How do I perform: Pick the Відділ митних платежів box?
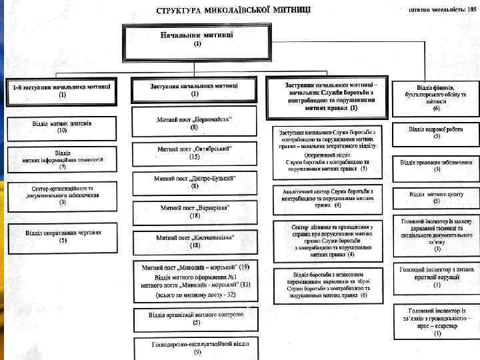62,127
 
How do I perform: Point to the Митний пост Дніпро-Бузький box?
195,182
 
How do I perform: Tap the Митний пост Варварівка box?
195,211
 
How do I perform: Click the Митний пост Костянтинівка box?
195,241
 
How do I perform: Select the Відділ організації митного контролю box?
195,318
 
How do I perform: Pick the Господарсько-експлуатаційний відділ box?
195,347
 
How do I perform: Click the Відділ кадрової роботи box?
436,132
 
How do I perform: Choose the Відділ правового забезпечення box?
436,165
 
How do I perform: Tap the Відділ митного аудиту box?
436,197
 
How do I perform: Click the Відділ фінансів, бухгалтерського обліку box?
436,97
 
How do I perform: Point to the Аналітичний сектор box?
327,197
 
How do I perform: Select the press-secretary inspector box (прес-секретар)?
436,322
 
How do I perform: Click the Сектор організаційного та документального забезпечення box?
62,195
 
